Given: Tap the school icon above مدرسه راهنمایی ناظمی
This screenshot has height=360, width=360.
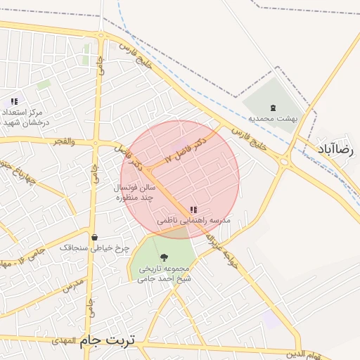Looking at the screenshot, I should (x=193, y=210).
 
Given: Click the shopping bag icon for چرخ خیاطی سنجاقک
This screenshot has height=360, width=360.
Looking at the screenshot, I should (x=94, y=238).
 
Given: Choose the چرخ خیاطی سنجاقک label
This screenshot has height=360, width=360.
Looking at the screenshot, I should (x=94, y=248).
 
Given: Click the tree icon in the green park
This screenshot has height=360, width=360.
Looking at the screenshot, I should (x=165, y=258).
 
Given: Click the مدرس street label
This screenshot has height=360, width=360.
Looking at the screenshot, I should (x=73, y=285).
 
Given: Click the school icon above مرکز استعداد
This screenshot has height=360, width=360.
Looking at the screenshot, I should (x=15, y=102).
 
